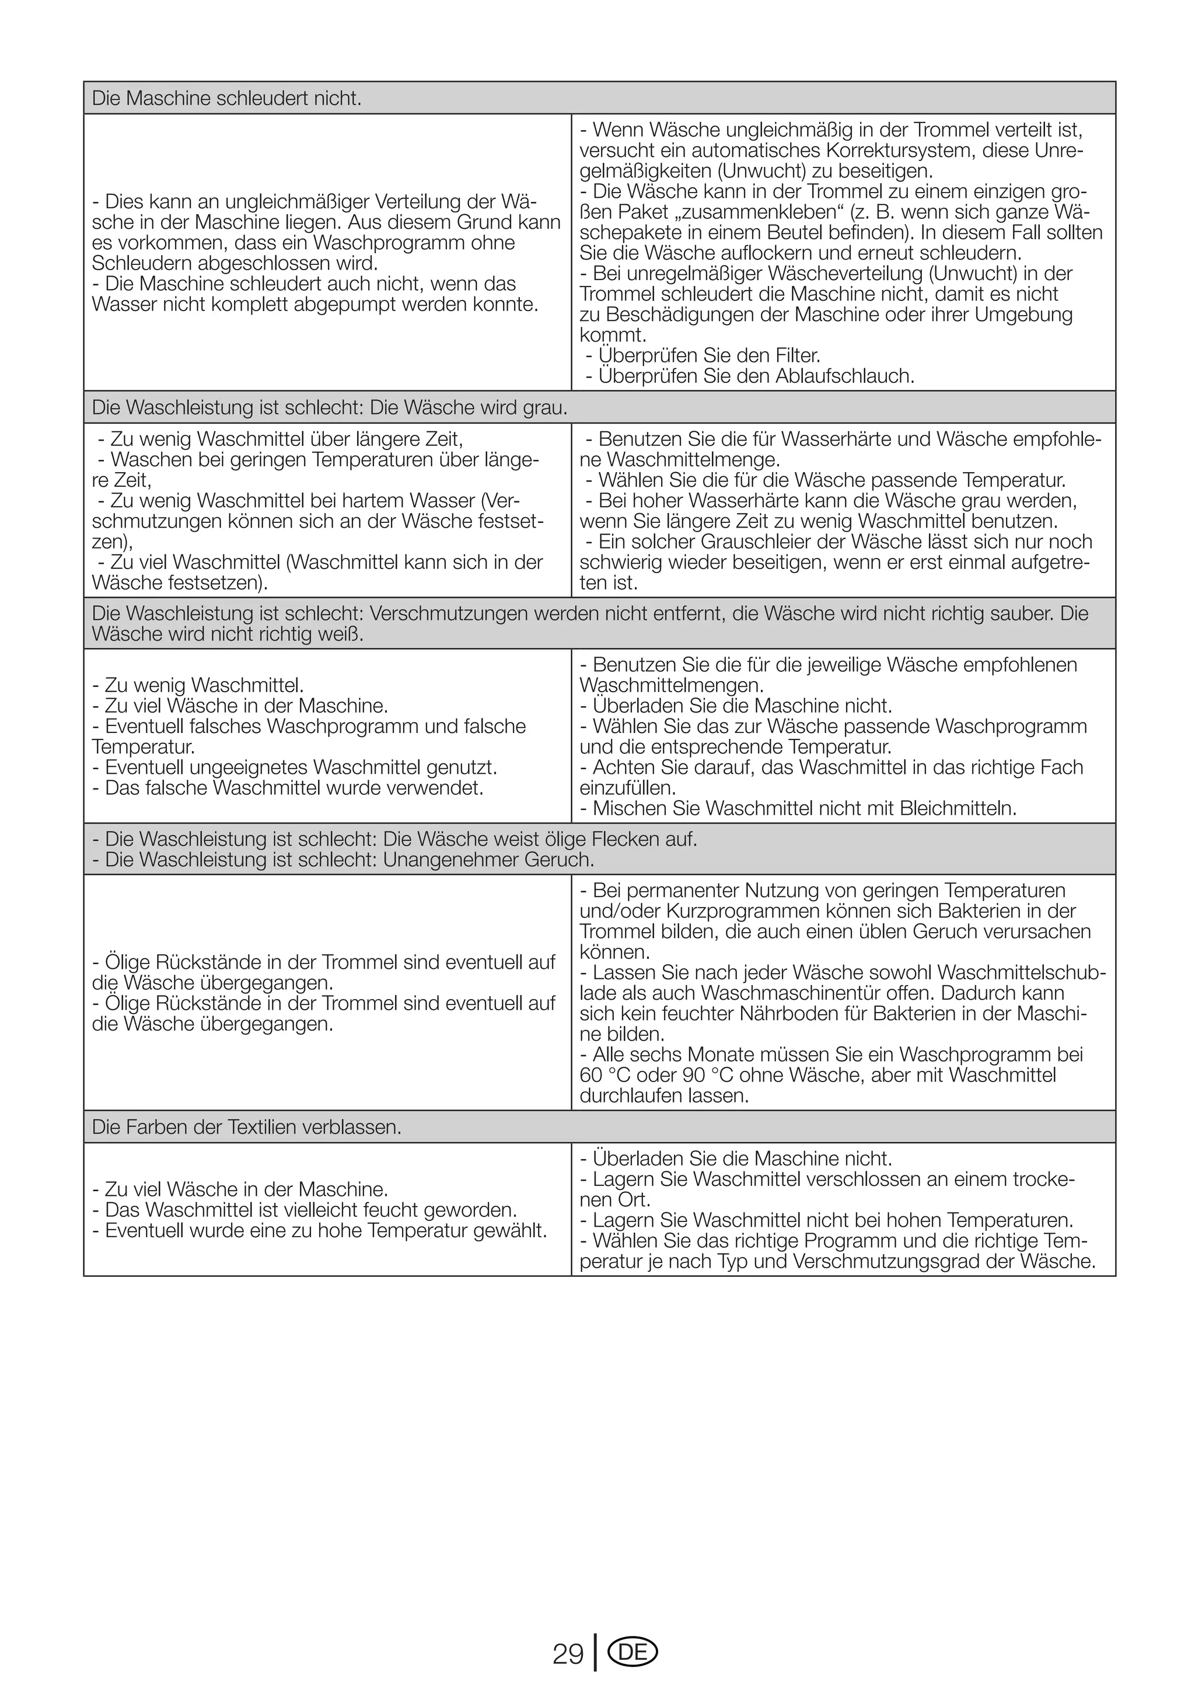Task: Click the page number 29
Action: click(567, 1654)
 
